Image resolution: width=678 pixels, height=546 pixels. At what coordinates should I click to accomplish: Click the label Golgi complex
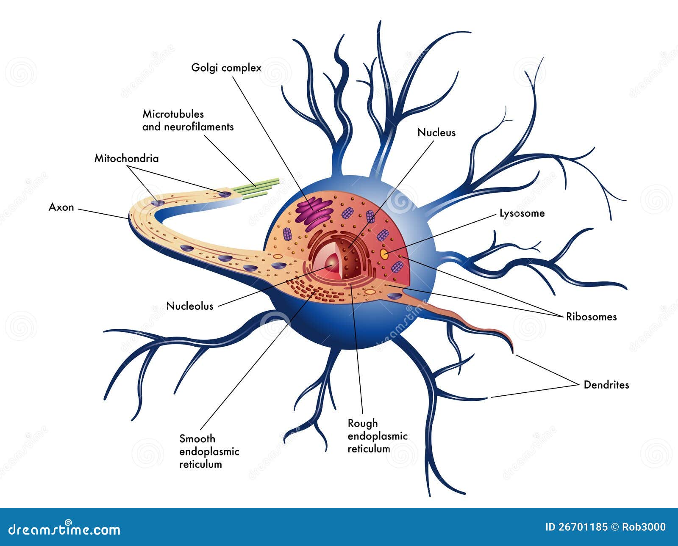226,68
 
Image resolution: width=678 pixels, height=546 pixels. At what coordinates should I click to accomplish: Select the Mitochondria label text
126,159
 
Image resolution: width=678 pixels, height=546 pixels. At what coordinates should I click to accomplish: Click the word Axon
61,207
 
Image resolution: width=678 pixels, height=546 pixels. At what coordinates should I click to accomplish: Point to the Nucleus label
436,132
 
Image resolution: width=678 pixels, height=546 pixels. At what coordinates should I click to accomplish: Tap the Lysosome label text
522,213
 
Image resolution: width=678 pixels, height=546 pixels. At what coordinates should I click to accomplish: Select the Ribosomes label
591,317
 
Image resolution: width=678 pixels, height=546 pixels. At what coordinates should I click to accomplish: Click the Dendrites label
606,385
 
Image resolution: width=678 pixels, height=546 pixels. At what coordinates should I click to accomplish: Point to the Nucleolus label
189,306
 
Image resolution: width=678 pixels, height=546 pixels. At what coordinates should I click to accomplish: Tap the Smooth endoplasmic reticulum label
209,451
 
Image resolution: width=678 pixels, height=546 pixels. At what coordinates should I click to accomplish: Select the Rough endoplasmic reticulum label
377,436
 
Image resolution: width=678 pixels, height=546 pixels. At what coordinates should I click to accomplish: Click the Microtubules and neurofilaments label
188,120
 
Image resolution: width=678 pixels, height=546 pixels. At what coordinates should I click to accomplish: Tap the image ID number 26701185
583,527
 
